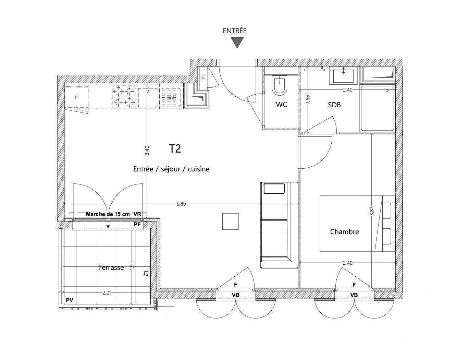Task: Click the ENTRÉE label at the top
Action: [234, 31]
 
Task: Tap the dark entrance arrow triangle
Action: [237, 43]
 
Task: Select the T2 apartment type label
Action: [175, 149]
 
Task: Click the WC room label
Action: [281, 105]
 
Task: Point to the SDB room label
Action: [334, 105]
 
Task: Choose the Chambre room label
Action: [344, 232]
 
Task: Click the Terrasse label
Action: [111, 267]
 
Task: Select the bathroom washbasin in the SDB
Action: [343, 75]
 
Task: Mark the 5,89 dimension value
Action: [181, 204]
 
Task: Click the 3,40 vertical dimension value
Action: [147, 151]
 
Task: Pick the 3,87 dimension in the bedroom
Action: [372, 211]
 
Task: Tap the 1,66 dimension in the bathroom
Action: [308, 99]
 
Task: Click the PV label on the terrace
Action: [70, 300]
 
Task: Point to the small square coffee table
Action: [231, 221]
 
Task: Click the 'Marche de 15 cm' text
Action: [108, 214]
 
